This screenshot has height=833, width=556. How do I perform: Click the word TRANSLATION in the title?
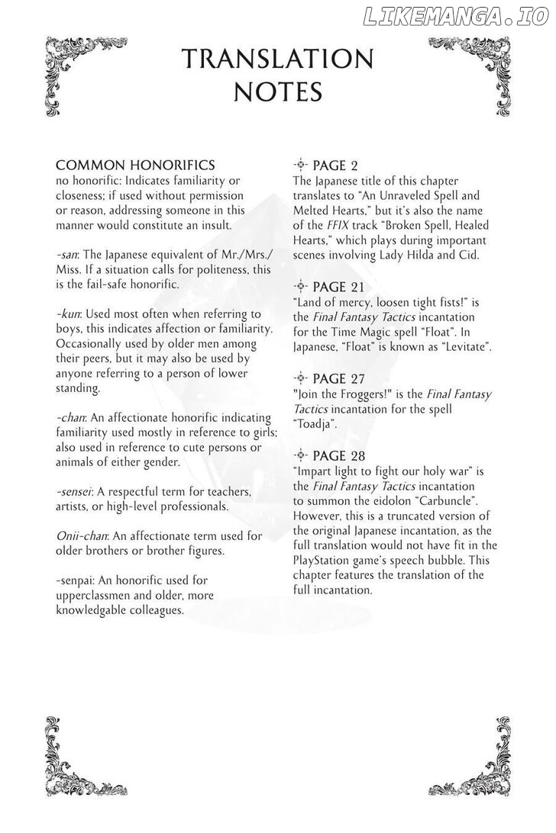click(277, 59)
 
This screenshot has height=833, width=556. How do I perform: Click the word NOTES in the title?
click(277, 92)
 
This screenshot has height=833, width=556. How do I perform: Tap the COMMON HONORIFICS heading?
click(135, 166)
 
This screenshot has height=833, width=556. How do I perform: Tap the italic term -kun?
click(68, 314)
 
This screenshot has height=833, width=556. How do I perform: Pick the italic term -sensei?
click(75, 492)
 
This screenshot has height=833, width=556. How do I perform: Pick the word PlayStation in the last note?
click(326, 560)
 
